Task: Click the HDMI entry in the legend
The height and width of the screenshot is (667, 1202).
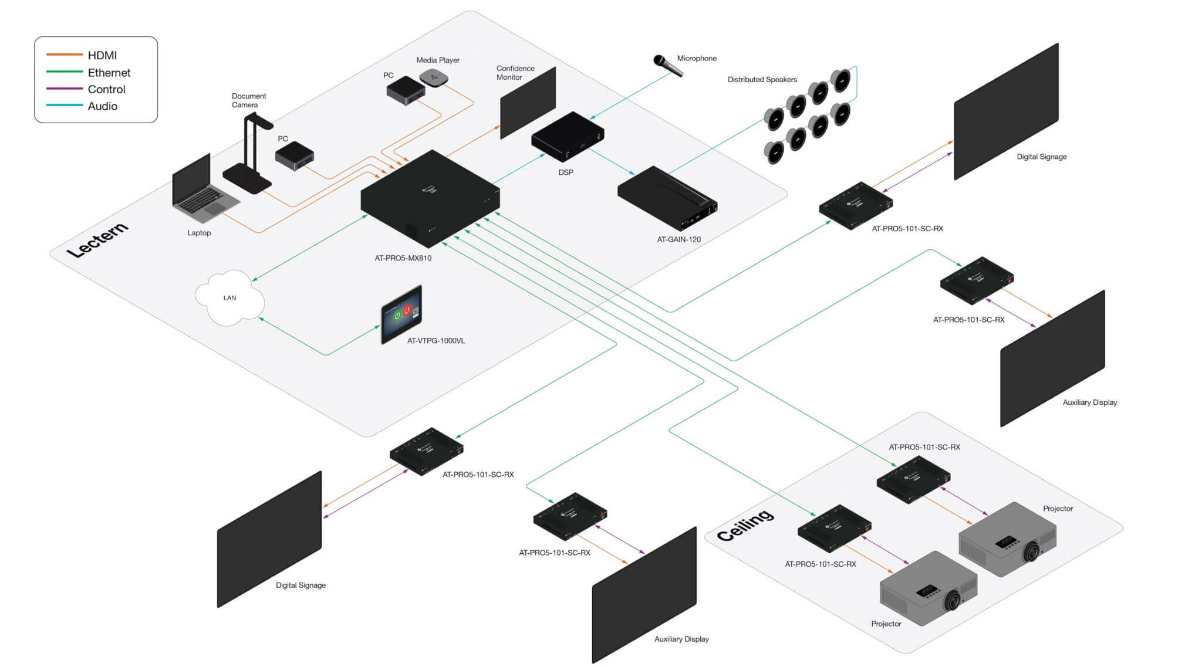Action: (x=102, y=55)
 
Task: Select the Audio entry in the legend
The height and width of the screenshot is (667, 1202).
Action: (x=102, y=106)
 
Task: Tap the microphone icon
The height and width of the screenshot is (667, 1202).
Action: (x=668, y=65)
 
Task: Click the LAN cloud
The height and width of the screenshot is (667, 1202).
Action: (x=229, y=298)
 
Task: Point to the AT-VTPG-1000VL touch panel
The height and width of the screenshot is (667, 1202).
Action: (x=401, y=314)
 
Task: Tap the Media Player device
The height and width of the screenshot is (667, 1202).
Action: (x=434, y=77)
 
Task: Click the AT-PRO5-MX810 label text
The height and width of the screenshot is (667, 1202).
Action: (x=403, y=258)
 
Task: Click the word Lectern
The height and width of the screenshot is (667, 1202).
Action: (x=97, y=240)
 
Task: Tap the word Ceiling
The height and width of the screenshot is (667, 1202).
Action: (x=745, y=525)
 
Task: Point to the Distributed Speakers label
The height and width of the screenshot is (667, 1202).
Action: (x=762, y=80)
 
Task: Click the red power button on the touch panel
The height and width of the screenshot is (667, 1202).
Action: (x=406, y=310)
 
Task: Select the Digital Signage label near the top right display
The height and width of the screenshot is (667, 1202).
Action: (x=1041, y=157)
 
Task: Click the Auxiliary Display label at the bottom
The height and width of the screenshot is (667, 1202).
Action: (x=681, y=639)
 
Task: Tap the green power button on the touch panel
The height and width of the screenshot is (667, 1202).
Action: (x=397, y=316)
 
